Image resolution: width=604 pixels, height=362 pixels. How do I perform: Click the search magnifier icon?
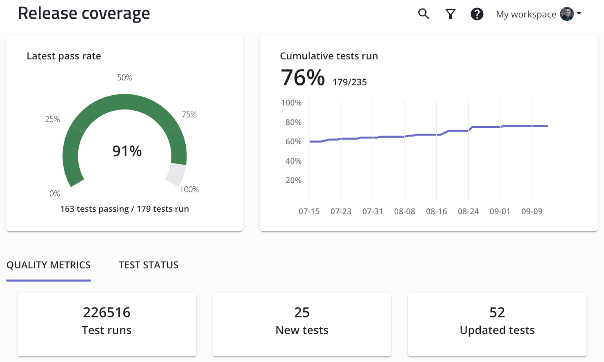pyautogui.click(x=424, y=14)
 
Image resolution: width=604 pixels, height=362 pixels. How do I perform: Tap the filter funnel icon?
pyautogui.click(x=450, y=14)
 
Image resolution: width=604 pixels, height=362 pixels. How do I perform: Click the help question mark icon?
pyautogui.click(x=477, y=14)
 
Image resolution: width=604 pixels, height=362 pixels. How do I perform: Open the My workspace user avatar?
pyautogui.click(x=567, y=14)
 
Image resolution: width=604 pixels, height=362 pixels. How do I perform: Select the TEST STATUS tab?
pyautogui.click(x=148, y=265)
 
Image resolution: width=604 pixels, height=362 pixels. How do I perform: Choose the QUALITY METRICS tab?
pyautogui.click(x=49, y=265)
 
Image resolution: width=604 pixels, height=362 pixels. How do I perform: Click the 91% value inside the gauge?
pyautogui.click(x=127, y=151)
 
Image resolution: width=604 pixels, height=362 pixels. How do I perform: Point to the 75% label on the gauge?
pyautogui.click(x=189, y=115)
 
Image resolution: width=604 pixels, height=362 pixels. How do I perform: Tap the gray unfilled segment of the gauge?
pyautogui.click(x=176, y=174)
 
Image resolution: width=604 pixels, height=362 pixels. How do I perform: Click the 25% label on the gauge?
pyautogui.click(x=53, y=119)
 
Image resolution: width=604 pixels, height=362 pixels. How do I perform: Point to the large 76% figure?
pyautogui.click(x=303, y=78)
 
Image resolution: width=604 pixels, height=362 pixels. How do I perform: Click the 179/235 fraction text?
pyautogui.click(x=350, y=82)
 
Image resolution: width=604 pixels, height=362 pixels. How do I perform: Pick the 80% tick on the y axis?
pyautogui.click(x=293, y=122)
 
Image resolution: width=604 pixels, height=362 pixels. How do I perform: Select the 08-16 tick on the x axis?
pyautogui.click(x=436, y=211)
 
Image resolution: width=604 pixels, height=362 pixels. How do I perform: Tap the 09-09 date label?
pyautogui.click(x=532, y=211)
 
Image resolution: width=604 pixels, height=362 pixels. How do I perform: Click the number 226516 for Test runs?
pyautogui.click(x=107, y=313)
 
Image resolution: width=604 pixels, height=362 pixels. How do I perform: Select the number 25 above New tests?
pyautogui.click(x=302, y=313)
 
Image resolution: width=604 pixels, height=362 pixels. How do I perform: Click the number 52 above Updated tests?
pyautogui.click(x=497, y=313)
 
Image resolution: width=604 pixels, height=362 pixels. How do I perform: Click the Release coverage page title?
pyautogui.click(x=84, y=13)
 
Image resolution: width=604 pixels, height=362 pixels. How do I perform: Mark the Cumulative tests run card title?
pyautogui.click(x=329, y=56)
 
